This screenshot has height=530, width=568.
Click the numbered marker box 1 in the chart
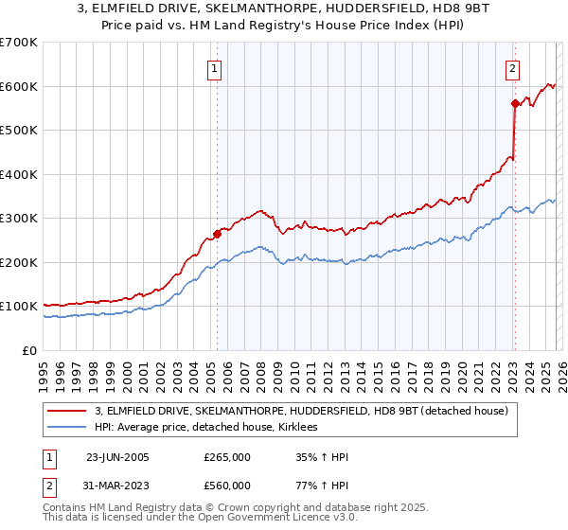pyautogui.click(x=216, y=68)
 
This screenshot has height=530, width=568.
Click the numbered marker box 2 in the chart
pyautogui.click(x=512, y=68)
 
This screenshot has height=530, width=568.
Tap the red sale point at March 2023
pyautogui.click(x=515, y=103)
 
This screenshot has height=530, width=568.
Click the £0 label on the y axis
pyautogui.click(x=30, y=350)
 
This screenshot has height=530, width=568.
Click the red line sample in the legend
pyautogui.click(x=67, y=411)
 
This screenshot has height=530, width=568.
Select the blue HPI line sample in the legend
pyautogui.click(x=67, y=428)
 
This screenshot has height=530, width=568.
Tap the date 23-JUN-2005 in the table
pyautogui.click(x=117, y=457)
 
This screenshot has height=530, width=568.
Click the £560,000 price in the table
pyautogui.click(x=227, y=486)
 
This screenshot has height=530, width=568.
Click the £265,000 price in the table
pyautogui.click(x=227, y=457)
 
